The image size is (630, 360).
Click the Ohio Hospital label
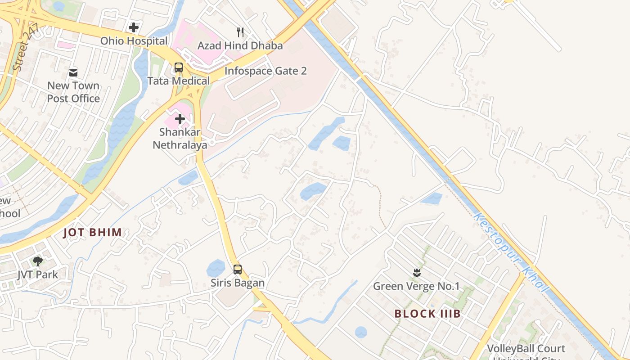(134, 41)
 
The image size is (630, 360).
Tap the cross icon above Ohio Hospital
(134, 27)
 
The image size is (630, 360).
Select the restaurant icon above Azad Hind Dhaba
(240, 32)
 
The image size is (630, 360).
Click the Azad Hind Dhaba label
(240, 45)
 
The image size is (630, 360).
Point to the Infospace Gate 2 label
(265, 71)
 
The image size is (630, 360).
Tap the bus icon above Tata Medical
(179, 67)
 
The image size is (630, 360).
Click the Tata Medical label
(179, 81)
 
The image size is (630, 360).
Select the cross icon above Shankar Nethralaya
(180, 119)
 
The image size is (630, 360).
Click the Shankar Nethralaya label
(180, 139)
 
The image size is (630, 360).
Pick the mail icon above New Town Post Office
(73, 72)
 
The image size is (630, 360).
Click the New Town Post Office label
(73, 92)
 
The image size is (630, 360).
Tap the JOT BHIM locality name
(93, 233)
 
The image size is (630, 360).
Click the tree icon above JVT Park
(38, 261)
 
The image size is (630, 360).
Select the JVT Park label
(38, 274)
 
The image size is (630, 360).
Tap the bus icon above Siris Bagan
(238, 270)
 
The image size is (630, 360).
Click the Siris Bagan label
(238, 283)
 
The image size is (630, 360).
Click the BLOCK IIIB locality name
(427, 314)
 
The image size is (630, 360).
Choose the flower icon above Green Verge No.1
(416, 272)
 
